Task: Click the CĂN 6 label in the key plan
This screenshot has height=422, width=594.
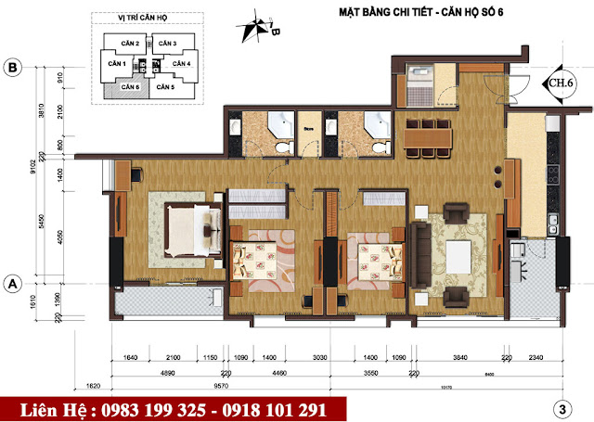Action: [x=129, y=87]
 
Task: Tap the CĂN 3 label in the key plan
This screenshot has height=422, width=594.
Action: [x=165, y=44]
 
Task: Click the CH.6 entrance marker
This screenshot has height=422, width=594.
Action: [x=559, y=82]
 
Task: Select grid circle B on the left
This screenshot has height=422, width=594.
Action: [x=13, y=67]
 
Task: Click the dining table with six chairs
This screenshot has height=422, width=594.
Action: [x=428, y=136]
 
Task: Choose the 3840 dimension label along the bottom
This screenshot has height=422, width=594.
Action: [x=461, y=357]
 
